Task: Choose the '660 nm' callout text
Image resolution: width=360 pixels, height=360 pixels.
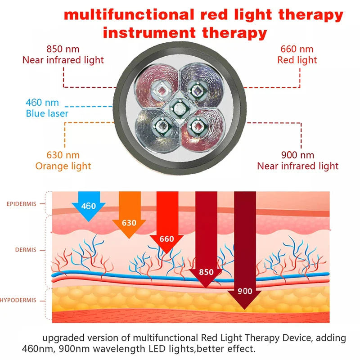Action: click(x=297, y=49)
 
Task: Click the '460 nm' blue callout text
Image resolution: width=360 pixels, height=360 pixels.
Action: click(x=42, y=103)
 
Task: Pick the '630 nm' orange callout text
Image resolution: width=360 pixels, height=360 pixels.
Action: click(x=63, y=155)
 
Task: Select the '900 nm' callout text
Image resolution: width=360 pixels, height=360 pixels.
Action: click(x=297, y=155)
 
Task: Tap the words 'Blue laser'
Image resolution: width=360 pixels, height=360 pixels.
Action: click(x=47, y=113)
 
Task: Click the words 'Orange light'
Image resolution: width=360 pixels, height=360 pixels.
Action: click(x=63, y=166)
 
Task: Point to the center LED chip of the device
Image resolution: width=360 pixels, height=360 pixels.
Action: click(x=179, y=109)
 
